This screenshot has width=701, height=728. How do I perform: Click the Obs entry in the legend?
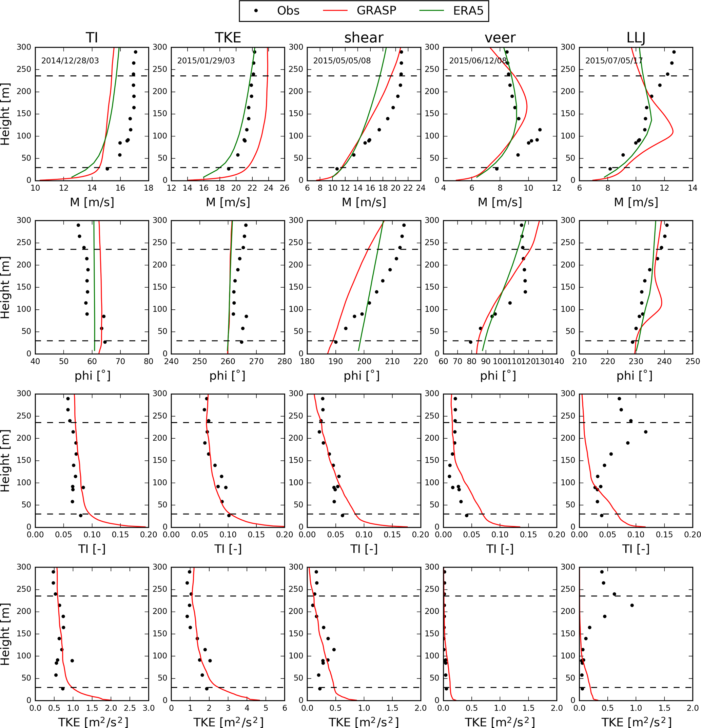pyautogui.click(x=288, y=11)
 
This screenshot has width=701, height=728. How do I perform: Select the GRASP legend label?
pyautogui.click(x=376, y=11)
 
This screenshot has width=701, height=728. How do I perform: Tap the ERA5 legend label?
pyautogui.click(x=468, y=11)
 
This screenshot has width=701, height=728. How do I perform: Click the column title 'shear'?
pyautogui.click(x=364, y=38)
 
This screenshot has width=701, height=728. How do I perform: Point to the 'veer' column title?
pyautogui.click(x=500, y=38)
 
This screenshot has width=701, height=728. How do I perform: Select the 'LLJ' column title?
pyautogui.click(x=636, y=38)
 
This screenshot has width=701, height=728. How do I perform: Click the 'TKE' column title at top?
pyautogui.click(x=228, y=38)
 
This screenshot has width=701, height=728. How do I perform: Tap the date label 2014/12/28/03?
pyautogui.click(x=70, y=60)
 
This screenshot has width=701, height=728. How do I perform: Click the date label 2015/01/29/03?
pyautogui.click(x=206, y=60)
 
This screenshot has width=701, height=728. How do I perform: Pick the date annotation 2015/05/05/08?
pyautogui.click(x=342, y=60)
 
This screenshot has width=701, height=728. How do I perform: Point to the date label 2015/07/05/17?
pyautogui.click(x=614, y=60)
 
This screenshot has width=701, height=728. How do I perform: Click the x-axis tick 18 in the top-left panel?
pyautogui.click(x=149, y=188)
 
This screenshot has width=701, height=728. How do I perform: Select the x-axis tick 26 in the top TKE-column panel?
pyautogui.click(x=285, y=188)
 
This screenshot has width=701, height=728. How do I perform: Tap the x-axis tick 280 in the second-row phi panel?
pyautogui.click(x=285, y=361)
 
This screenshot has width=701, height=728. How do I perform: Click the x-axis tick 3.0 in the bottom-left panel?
pyautogui.click(x=149, y=708)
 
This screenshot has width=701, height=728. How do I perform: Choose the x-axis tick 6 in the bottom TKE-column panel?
pyautogui.click(x=285, y=708)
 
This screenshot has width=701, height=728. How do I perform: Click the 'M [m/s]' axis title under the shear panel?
pyautogui.click(x=364, y=202)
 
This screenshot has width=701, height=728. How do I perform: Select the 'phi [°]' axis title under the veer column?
pyautogui.click(x=498, y=376)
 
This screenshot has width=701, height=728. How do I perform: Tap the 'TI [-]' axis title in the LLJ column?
pyautogui.click(x=636, y=549)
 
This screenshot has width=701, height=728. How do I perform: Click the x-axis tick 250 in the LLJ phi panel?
pyautogui.click(x=693, y=361)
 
